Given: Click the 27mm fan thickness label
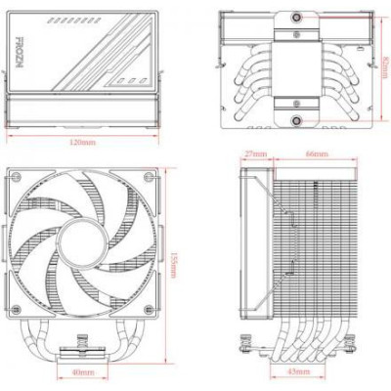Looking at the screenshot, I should (x=257, y=154).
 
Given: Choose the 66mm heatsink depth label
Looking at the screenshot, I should (x=315, y=154).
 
